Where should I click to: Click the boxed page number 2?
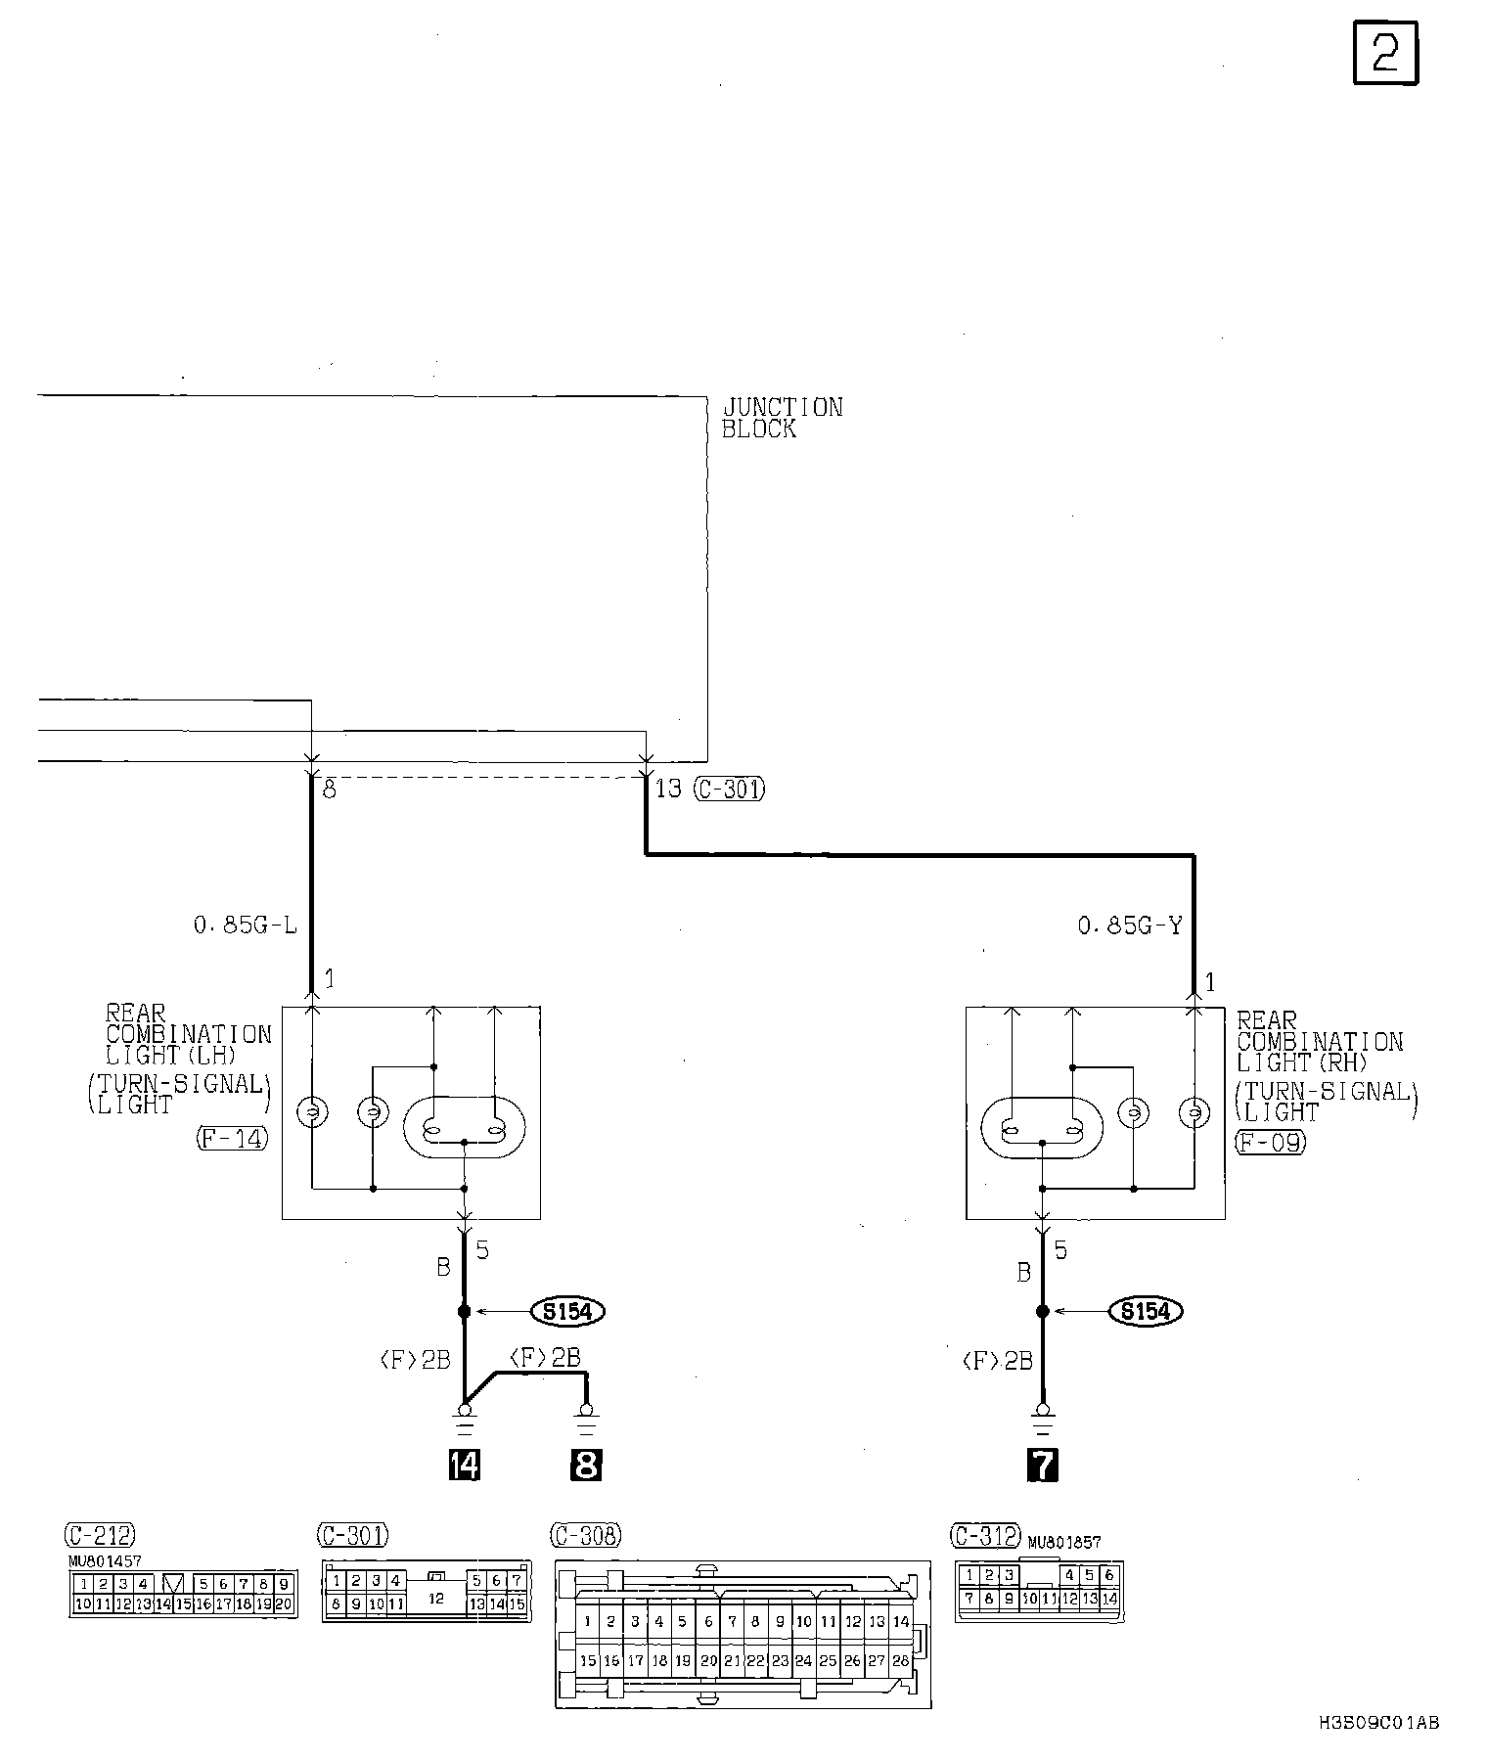click(x=1385, y=53)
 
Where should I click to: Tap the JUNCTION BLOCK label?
click(x=782, y=418)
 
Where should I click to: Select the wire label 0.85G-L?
click(x=245, y=925)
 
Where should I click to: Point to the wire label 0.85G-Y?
click(x=1130, y=925)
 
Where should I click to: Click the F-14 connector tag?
click(x=232, y=1138)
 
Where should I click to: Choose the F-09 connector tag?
click(x=1270, y=1142)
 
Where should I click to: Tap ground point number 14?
click(x=464, y=1465)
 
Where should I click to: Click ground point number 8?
click(x=585, y=1465)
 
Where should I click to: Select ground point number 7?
click(x=1043, y=1465)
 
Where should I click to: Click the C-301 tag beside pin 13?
click(x=730, y=789)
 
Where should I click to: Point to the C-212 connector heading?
click(x=100, y=1533)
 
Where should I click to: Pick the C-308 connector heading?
click(x=586, y=1535)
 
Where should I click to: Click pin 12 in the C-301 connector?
click(x=436, y=1598)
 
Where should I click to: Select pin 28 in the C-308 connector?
click(x=900, y=1660)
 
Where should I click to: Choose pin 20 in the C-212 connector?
click(x=284, y=1604)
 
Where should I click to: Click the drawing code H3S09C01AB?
click(x=1377, y=1724)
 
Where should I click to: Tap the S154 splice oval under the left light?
click(x=567, y=1311)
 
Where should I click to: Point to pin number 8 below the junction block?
click(x=330, y=790)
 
